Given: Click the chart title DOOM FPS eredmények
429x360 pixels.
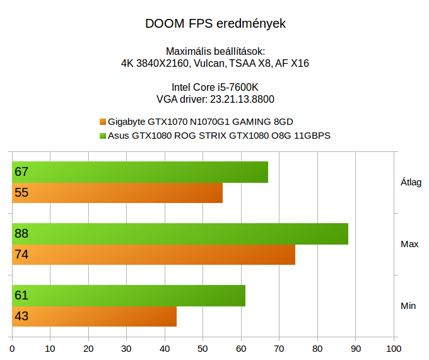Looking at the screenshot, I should pyautogui.click(x=215, y=24).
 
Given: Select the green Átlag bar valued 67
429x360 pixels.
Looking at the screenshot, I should pyautogui.click(x=140, y=172).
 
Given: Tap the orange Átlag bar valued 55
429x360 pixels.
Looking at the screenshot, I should pyautogui.click(x=117, y=193).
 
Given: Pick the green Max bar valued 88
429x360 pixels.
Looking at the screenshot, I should pyautogui.click(x=180, y=234).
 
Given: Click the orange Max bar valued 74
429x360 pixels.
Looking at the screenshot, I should pyautogui.click(x=154, y=255).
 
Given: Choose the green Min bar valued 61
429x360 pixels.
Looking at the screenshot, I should pyautogui.click(x=129, y=296).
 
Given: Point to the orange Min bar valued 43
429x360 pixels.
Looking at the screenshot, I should pyautogui.click(x=95, y=316).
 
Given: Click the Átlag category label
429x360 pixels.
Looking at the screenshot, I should pyautogui.click(x=411, y=182).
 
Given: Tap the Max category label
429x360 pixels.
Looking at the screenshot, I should pyautogui.click(x=409, y=244).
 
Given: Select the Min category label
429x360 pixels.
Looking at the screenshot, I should pyautogui.click(x=408, y=306).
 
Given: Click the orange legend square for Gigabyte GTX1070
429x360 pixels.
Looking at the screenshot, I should pyautogui.click(x=103, y=122).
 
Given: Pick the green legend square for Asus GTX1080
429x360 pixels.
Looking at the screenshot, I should pyautogui.click(x=103, y=135).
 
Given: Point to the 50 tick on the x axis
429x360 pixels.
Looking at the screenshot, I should pyautogui.click(x=203, y=348).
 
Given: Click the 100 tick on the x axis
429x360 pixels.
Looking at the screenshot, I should pyautogui.click(x=393, y=348).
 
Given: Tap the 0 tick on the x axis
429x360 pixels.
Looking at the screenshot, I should pyautogui.click(x=13, y=348).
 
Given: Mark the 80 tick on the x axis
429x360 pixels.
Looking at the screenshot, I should pyautogui.click(x=317, y=348).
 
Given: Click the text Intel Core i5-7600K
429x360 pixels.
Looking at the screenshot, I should pyautogui.click(x=215, y=87).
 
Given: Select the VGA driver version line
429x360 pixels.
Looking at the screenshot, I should pyautogui.click(x=215, y=99).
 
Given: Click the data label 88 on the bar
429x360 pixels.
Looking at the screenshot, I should pyautogui.click(x=21, y=234).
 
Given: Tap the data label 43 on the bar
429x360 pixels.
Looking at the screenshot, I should pyautogui.click(x=21, y=316).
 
